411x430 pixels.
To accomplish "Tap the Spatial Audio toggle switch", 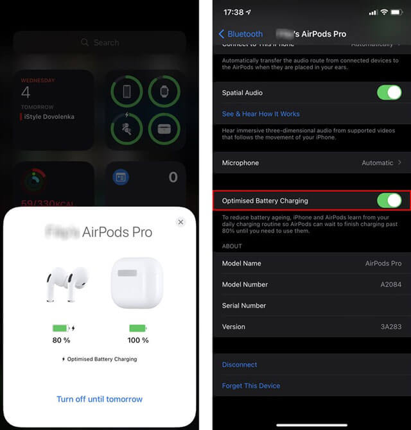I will point(389,92).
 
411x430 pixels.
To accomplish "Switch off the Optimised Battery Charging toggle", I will point(389,200).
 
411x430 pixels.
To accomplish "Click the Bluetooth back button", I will point(241,34).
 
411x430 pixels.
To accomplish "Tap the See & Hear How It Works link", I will point(261,114).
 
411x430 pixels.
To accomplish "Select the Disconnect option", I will point(240,365).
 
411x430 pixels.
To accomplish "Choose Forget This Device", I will point(251,386).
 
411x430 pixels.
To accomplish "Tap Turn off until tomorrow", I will point(100,399).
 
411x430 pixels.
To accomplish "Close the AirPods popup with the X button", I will point(180,222).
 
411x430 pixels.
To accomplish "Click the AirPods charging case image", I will point(137,282).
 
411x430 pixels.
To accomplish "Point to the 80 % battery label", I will point(62,340).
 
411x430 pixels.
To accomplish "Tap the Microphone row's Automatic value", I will point(377,163).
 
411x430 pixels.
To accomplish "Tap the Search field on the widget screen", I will point(100,42).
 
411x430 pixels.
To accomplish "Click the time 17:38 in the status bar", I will point(234,12).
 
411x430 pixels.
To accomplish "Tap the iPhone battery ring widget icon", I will point(127,92).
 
